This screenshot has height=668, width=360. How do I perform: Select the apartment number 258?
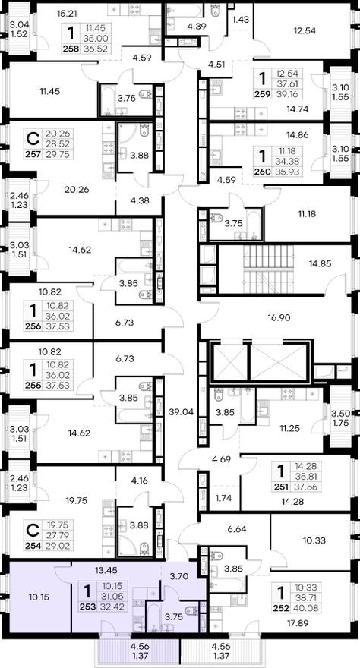pos(71,49)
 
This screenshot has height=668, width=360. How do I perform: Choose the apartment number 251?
pos(280,487)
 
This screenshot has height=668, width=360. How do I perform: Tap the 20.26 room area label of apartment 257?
pos(77,190)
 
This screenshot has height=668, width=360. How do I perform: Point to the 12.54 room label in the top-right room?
pos(305,30)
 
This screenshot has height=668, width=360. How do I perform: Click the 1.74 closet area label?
pos(223,498)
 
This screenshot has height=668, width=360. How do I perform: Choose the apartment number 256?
pos(33,326)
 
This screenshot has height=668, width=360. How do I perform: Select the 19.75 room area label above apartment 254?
pos(78,501)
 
